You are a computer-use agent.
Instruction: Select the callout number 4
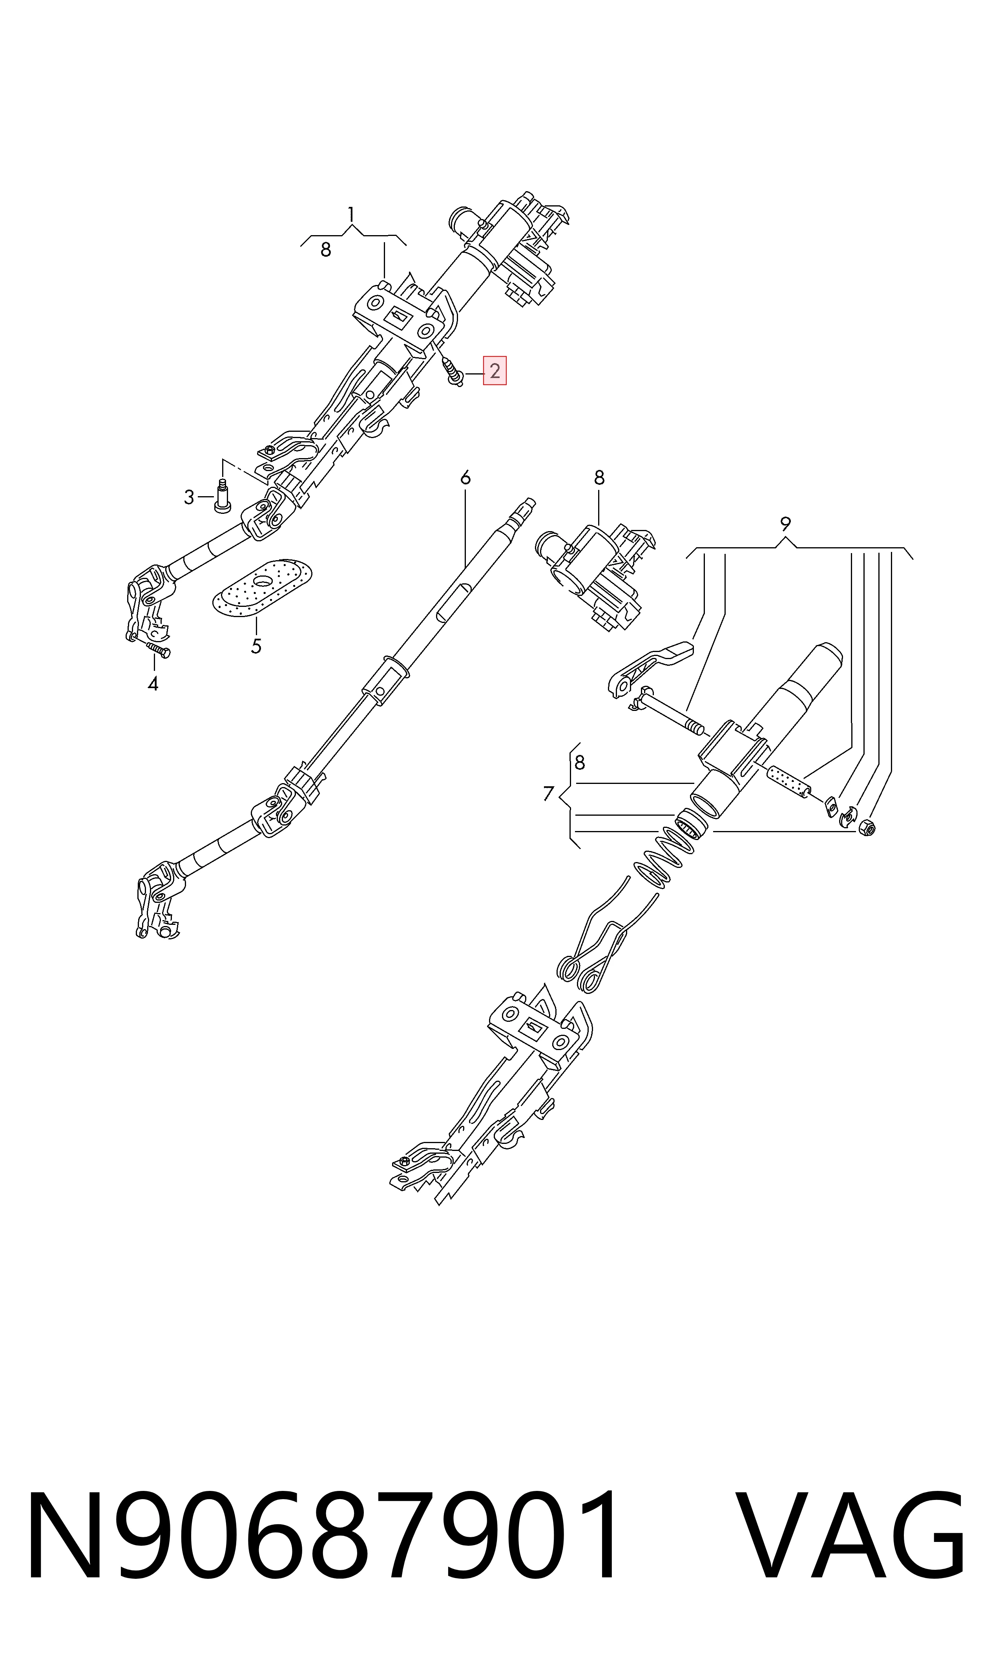(153, 684)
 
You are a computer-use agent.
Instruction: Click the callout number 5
(256, 647)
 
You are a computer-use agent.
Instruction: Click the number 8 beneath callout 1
(325, 250)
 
